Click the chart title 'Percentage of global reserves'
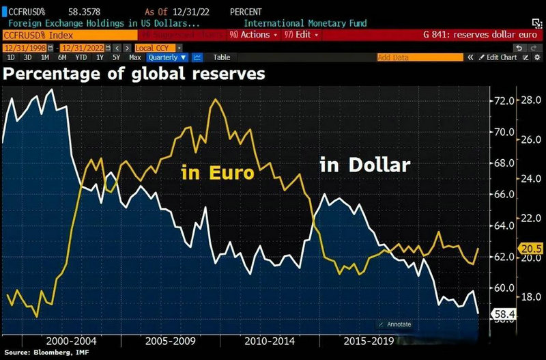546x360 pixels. pyautogui.click(x=134, y=74)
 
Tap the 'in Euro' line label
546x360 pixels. pyautogui.click(x=217, y=173)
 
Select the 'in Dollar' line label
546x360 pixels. pyautogui.click(x=365, y=165)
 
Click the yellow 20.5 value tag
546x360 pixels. pyautogui.click(x=531, y=248)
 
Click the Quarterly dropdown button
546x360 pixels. pyautogui.click(x=162, y=58)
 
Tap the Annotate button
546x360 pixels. pyautogui.click(x=395, y=324)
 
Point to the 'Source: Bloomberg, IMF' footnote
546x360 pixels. pyautogui.click(x=48, y=352)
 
